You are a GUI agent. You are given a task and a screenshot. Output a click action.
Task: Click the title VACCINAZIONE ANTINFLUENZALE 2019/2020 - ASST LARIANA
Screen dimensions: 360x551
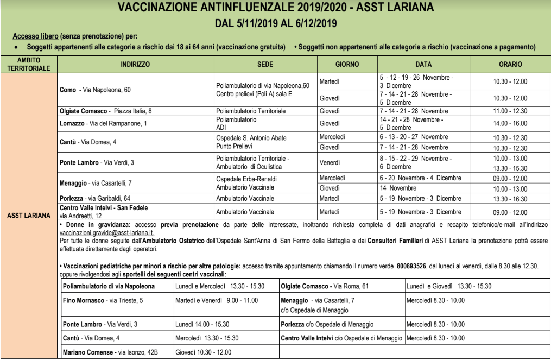pyautogui.click(x=275, y=9)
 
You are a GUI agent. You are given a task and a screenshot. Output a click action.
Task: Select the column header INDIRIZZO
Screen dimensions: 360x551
pyautogui.click(x=135, y=65)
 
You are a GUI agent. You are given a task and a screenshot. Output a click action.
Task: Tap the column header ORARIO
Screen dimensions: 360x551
pyautogui.click(x=510, y=65)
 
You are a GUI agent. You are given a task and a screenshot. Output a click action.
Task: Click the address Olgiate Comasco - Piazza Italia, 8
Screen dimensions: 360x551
pyautogui.click(x=105, y=111)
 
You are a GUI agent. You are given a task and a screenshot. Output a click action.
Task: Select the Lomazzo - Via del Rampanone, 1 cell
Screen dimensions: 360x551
pyautogui.click(x=104, y=123)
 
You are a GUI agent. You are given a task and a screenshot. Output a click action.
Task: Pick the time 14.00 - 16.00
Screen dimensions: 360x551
pyautogui.click(x=510, y=123)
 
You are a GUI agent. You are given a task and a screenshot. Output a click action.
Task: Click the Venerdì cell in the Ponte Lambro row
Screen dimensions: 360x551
pyautogui.click(x=331, y=162)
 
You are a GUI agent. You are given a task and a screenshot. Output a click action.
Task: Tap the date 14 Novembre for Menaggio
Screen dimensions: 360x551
pyautogui.click(x=400, y=188)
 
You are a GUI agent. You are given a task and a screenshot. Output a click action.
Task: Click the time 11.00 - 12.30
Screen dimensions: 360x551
pyautogui.click(x=510, y=111)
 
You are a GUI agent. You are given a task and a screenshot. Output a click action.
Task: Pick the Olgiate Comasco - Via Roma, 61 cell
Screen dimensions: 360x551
pyautogui.click(x=325, y=286)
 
